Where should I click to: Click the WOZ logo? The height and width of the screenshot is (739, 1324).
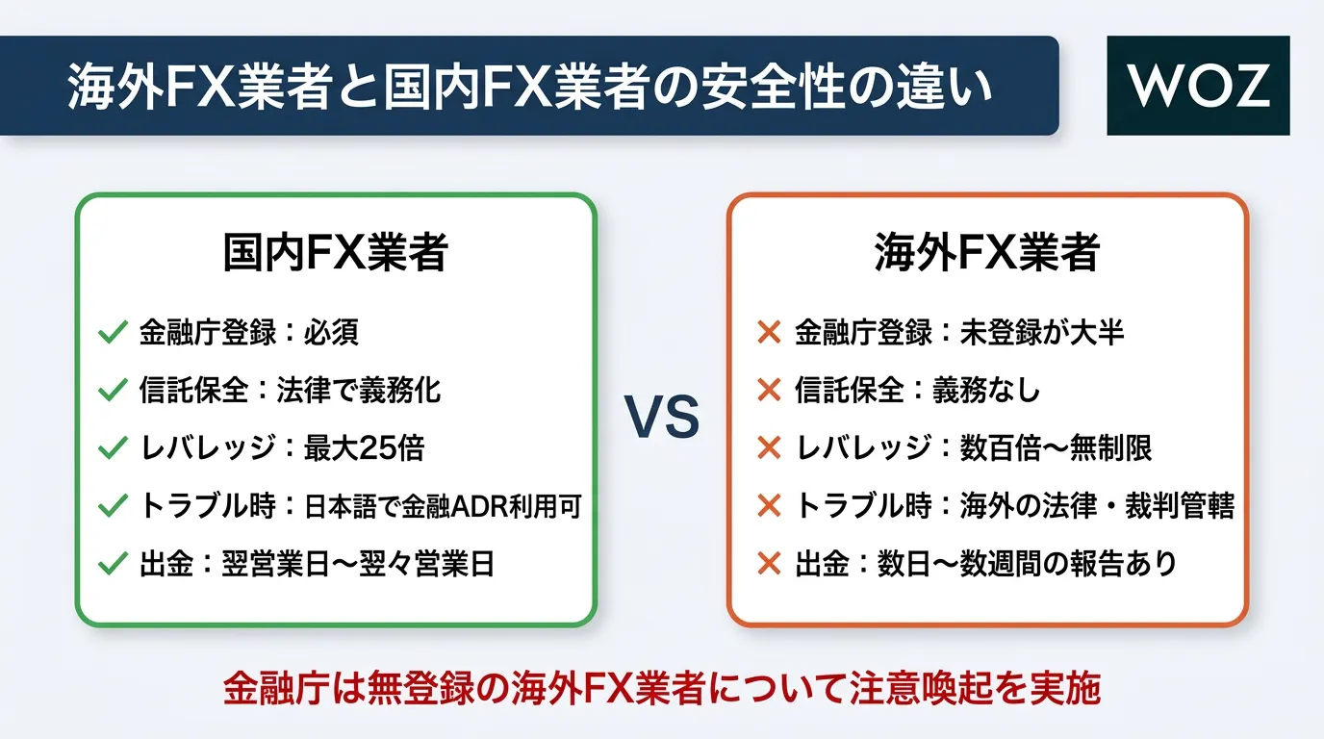point(1198,86)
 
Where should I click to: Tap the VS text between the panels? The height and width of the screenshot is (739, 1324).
point(662,418)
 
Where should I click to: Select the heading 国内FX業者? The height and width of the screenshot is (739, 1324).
point(335,252)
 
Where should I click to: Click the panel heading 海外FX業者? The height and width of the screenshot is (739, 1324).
point(987,252)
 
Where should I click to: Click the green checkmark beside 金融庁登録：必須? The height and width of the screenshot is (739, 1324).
point(113,332)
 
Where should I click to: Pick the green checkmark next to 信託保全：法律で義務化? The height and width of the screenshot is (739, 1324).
point(113,391)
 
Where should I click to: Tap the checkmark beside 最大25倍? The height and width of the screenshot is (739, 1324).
point(113,447)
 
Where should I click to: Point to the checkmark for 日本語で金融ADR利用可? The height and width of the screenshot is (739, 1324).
point(113,506)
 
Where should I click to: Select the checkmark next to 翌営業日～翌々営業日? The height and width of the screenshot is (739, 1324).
point(113,564)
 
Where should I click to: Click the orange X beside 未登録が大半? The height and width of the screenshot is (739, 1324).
point(769,332)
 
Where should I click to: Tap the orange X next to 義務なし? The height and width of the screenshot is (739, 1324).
point(769,391)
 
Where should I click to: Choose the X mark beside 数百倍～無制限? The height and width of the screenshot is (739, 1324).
point(769,447)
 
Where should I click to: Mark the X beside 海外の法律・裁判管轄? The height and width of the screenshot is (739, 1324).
point(769,506)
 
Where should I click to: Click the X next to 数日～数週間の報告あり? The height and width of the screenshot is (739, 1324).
point(769,564)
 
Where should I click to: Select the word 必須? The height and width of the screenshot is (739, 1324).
point(331,332)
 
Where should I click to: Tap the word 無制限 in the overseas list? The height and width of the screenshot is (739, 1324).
point(1111,447)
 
